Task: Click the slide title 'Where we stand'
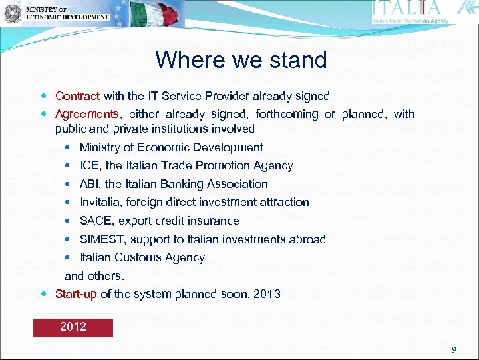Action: coord(241,60)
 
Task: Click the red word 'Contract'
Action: coord(77,96)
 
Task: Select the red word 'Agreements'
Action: coord(86,114)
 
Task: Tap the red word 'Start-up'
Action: coord(76,293)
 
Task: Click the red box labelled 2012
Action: coord(73,327)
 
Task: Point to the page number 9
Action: coord(454,349)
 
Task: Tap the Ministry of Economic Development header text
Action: coord(67,13)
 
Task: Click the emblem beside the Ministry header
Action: coord(12,13)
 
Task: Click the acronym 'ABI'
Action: coord(90,184)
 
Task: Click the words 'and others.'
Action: coord(94,275)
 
